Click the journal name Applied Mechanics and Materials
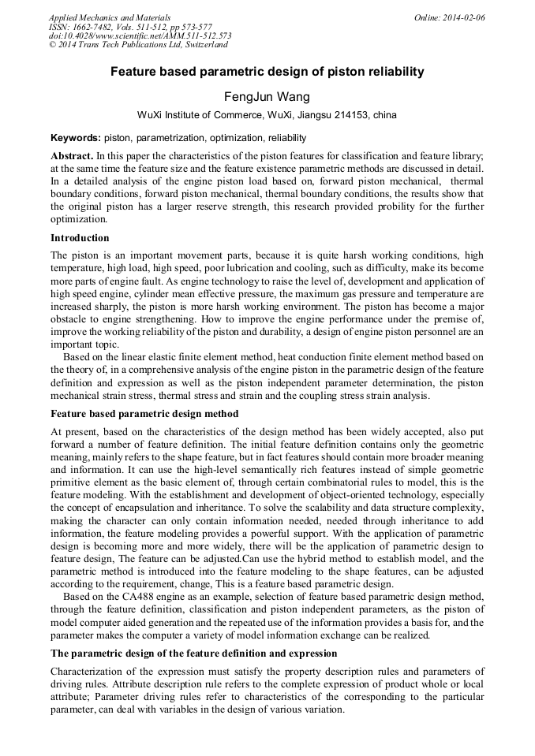[109, 17]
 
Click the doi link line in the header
[140, 36]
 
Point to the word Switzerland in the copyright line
[203, 46]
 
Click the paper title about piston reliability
[267, 72]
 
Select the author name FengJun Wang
[267, 97]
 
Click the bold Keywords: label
[75, 137]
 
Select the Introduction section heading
[80, 238]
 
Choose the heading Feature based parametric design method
[144, 414]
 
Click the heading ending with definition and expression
[193, 654]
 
